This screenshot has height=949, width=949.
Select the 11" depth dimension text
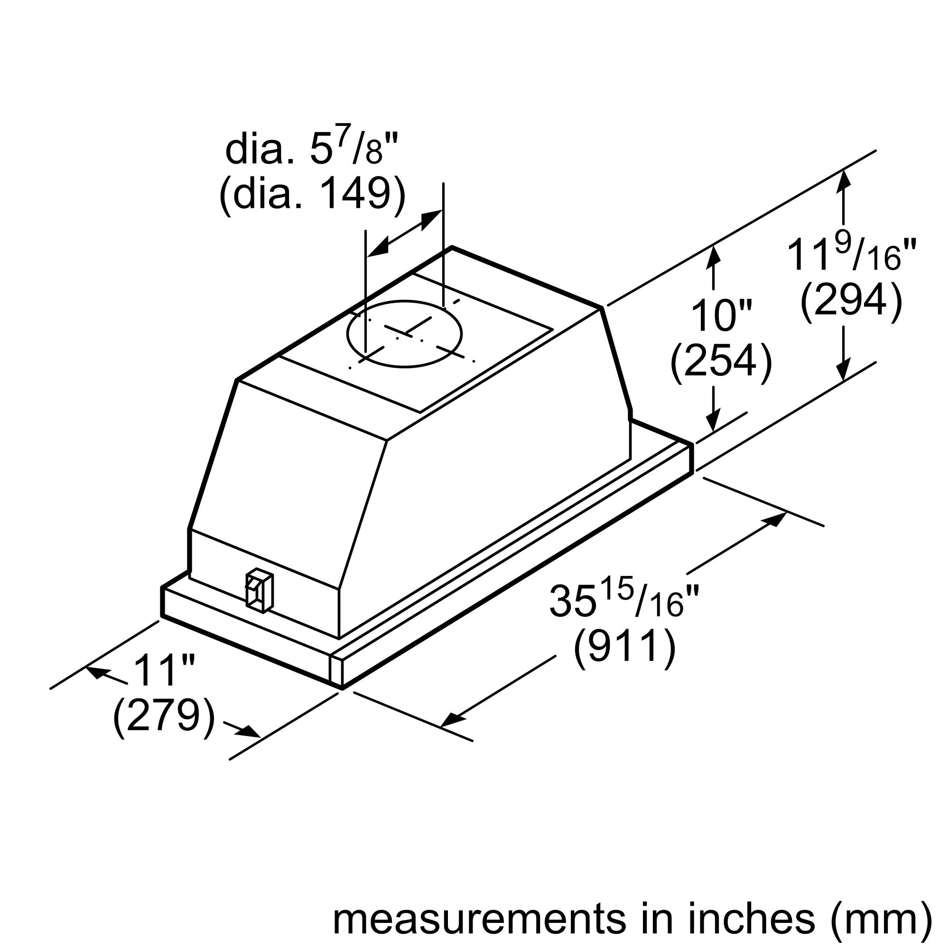pyautogui.click(x=164, y=671)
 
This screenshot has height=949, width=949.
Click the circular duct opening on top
pyautogui.click(x=404, y=334)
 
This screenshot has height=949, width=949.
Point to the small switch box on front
pyautogui.click(x=259, y=591)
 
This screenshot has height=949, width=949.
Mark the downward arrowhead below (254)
pyautogui.click(x=713, y=420)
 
